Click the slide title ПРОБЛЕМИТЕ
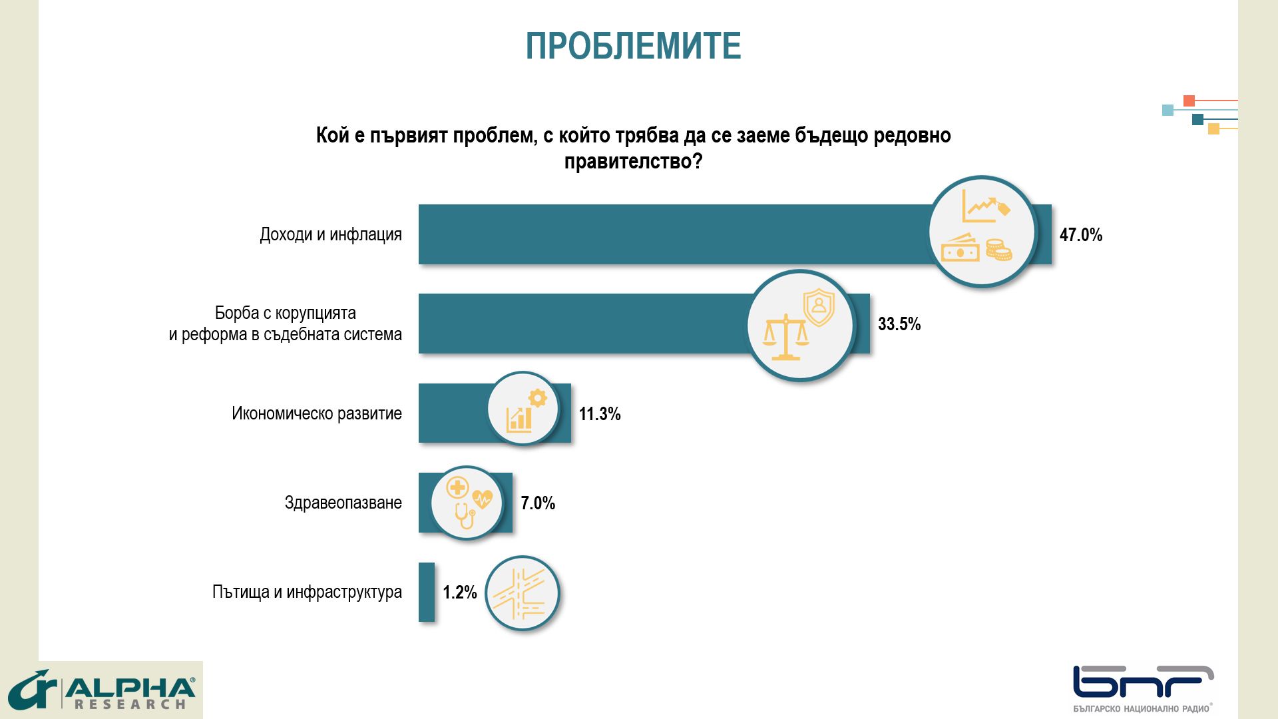point(633,46)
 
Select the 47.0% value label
point(1080,235)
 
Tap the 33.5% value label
point(899,324)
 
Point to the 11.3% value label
point(599,414)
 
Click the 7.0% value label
point(537,503)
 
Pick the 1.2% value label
point(459,593)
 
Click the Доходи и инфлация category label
point(331,235)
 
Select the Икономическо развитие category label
point(317,413)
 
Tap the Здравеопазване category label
point(343,503)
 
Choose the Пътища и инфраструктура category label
point(307,592)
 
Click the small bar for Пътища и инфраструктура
point(426,592)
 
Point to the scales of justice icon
point(785,338)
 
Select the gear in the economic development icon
point(537,398)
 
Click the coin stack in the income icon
point(998,250)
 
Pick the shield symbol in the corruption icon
point(819,307)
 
